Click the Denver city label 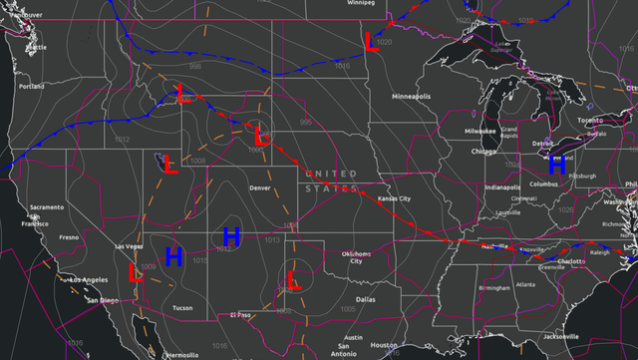(x=260, y=187)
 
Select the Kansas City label (x=394, y=198)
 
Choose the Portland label (x=31, y=87)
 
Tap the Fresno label (x=69, y=237)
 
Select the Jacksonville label (x=573, y=337)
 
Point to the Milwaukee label (x=479, y=131)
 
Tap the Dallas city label (x=364, y=298)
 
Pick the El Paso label (x=240, y=315)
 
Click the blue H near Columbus (x=557, y=165)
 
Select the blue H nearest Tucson (x=173, y=256)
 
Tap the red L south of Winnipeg (x=372, y=43)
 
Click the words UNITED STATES (x=331, y=180)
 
